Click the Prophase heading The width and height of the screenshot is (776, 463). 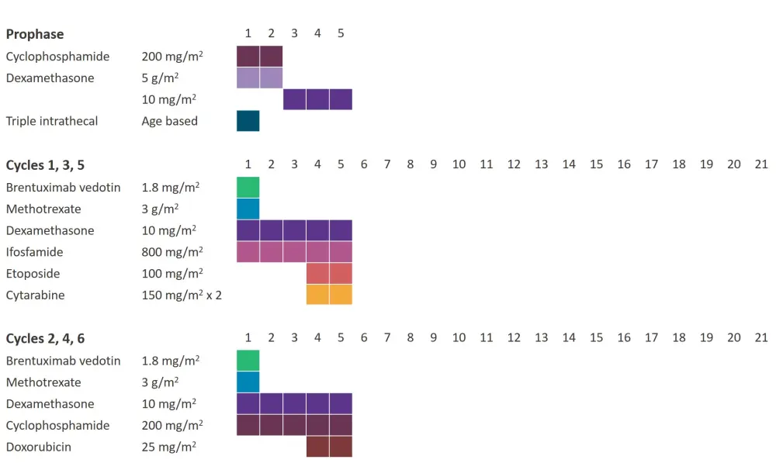click(35, 34)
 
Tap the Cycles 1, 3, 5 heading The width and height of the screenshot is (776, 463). click(45, 165)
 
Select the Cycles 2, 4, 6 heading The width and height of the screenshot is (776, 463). click(45, 339)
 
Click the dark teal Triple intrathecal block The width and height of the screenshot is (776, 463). click(248, 121)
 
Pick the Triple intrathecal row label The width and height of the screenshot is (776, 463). click(52, 121)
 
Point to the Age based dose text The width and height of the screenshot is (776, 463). click(169, 121)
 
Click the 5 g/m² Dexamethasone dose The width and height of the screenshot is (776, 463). click(161, 78)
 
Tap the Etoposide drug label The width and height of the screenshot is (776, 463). click(32, 274)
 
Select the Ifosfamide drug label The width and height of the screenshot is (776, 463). click(34, 252)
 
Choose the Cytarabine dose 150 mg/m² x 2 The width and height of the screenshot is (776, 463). click(182, 295)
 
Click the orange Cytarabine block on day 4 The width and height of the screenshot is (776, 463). click(318, 295)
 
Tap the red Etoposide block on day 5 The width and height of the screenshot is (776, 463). click(341, 274)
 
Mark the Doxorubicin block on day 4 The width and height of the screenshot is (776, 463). click(318, 447)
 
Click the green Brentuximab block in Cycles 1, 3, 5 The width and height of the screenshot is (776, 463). click(248, 187)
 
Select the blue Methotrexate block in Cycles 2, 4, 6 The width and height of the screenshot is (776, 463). click(248, 382)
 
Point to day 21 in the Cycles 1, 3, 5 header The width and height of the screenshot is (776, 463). click(761, 164)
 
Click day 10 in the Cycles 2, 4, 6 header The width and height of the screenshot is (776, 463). click(459, 338)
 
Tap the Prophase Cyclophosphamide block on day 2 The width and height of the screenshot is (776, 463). click(271, 57)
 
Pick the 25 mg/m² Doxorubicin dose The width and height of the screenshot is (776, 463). click(168, 447)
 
